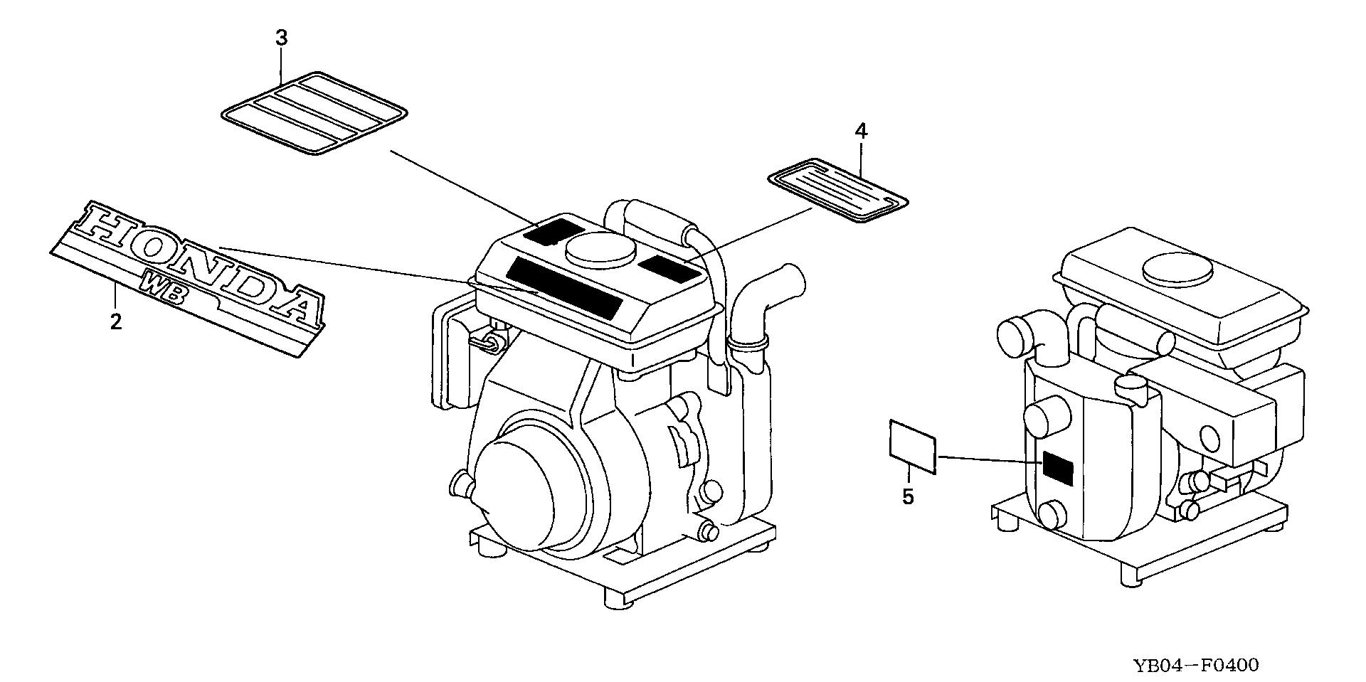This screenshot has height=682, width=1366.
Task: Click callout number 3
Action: [x=282, y=38]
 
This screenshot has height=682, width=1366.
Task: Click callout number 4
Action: [x=861, y=131]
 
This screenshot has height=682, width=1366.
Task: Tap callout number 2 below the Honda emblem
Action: [x=116, y=321]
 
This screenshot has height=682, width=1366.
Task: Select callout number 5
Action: [x=908, y=496]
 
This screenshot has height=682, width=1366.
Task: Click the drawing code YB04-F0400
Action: [x=1196, y=666]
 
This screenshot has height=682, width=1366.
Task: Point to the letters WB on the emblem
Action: [x=164, y=289]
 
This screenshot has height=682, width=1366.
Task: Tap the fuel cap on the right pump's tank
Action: [x=1177, y=270]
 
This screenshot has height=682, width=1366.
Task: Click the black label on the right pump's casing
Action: [x=1057, y=468]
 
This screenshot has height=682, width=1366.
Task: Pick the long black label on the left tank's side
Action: [x=564, y=288]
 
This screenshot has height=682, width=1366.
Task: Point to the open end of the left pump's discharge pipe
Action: [x=791, y=275]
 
